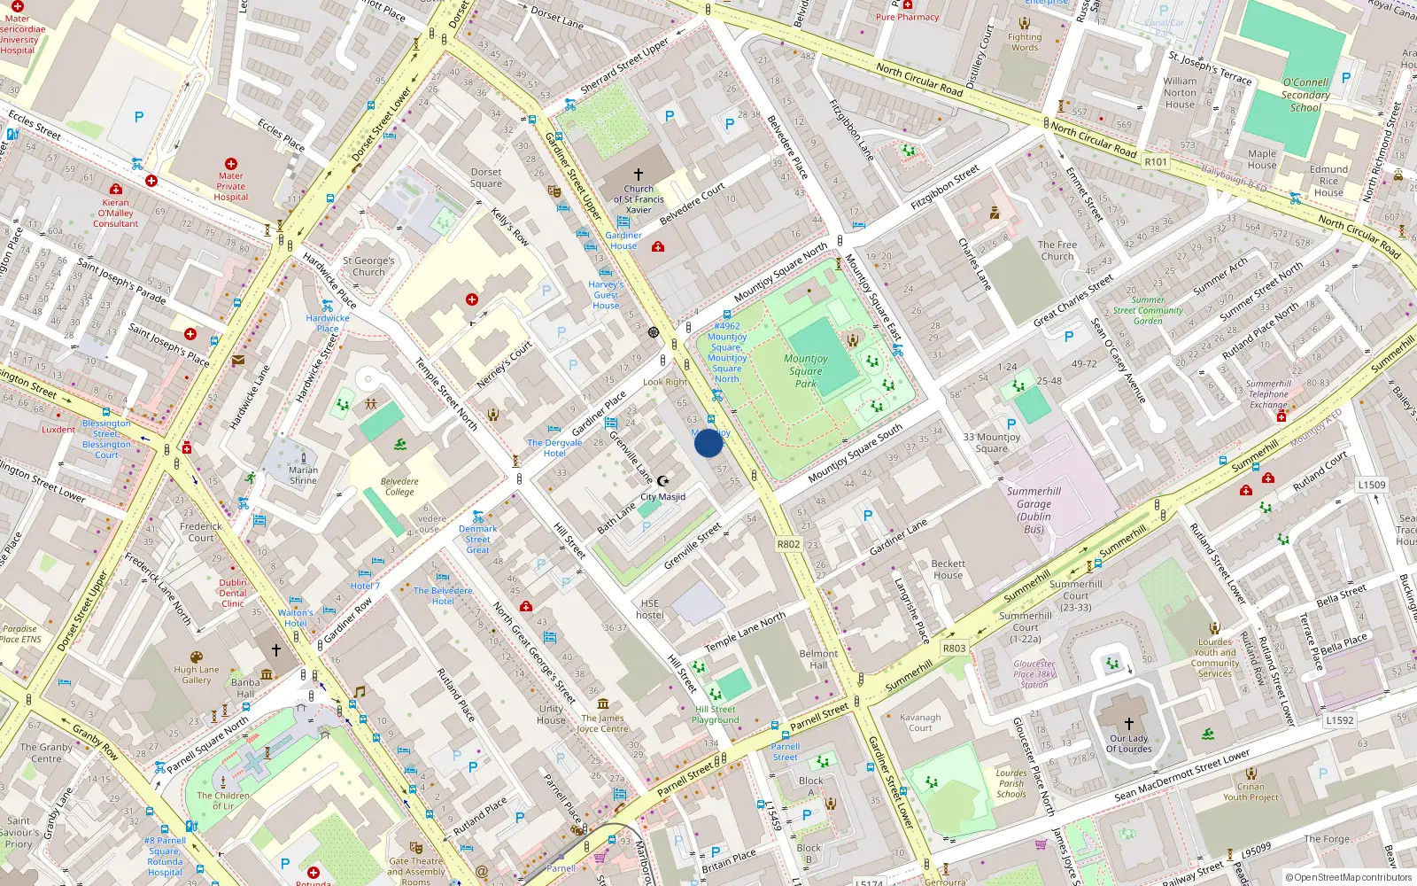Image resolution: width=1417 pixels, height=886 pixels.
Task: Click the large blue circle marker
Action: click(708, 443)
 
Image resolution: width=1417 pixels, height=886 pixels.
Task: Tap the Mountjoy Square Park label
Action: click(805, 371)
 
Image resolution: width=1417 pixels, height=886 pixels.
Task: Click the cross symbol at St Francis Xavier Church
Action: click(639, 175)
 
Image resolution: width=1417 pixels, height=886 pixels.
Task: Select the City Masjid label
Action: click(663, 497)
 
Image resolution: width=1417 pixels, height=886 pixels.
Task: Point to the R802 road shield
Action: click(788, 544)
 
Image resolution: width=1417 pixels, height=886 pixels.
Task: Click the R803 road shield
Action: click(954, 648)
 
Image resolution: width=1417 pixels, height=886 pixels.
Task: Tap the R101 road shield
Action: click(1156, 162)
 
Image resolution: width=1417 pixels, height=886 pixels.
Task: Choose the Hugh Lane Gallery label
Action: click(197, 675)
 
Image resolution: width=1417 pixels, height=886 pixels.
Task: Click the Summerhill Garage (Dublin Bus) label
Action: click(1034, 509)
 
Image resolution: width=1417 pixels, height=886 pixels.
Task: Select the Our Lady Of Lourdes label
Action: click(1128, 743)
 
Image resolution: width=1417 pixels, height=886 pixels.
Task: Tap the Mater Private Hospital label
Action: click(231, 186)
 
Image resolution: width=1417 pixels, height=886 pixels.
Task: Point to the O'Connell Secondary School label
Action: click(1305, 95)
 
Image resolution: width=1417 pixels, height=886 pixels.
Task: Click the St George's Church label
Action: click(368, 266)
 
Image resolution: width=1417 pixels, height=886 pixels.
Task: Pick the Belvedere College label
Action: click(399, 486)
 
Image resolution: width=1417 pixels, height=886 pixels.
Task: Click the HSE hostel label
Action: click(649, 610)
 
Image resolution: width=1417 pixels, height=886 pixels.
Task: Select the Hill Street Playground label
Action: click(716, 714)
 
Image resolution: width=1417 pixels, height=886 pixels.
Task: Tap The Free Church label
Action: click(1057, 251)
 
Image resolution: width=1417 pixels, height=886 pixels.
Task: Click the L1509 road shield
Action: click(1372, 485)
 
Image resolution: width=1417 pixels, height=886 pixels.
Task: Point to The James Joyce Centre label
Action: click(602, 723)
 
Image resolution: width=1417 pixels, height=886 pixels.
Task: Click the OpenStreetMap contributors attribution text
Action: click(1349, 877)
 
